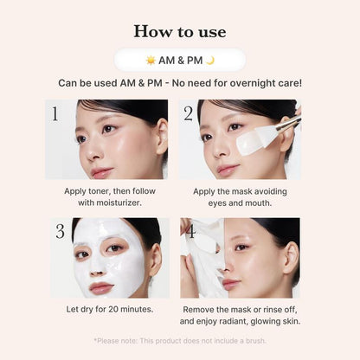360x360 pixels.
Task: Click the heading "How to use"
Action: pos(180,31)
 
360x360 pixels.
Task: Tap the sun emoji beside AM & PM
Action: pos(151,60)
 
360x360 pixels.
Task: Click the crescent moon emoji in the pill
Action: pos(209,60)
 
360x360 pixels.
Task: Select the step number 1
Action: pos(55,113)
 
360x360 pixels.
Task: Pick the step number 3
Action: pos(60,231)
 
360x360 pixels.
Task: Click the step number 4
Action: pos(190,231)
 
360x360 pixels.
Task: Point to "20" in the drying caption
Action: pos(119,309)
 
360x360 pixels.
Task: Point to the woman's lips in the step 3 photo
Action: pos(101,286)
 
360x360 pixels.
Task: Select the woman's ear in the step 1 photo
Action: pos(161,136)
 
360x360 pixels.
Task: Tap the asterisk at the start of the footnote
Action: pos(95,340)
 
